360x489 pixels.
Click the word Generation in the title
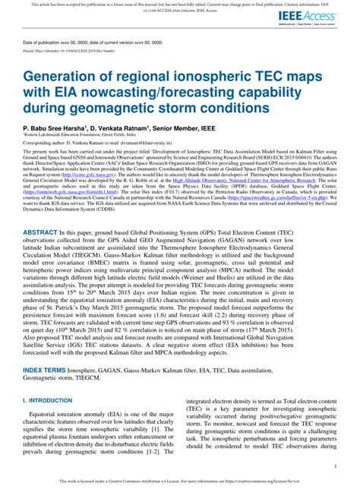[x=69, y=77]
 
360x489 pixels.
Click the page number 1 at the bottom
[x=335, y=466]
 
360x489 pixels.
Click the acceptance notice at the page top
[x=179, y=5]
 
